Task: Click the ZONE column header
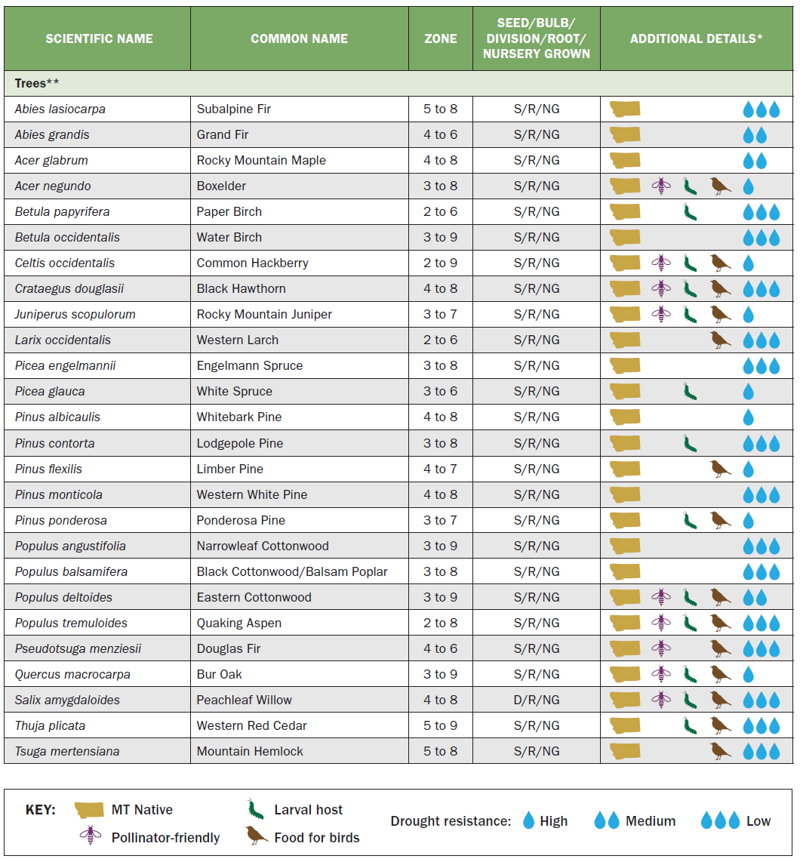[x=440, y=38]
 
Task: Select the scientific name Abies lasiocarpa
[x=60, y=109]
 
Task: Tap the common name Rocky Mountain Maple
[x=261, y=161]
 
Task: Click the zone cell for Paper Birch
[x=440, y=212]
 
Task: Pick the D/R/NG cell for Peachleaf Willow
[x=537, y=700]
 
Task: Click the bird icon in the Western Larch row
[x=721, y=340]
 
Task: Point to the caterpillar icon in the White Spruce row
[x=689, y=392]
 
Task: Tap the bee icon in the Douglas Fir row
[x=661, y=648]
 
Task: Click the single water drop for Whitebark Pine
[x=749, y=417]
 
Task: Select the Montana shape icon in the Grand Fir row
[x=625, y=135]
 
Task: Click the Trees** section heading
[x=37, y=83]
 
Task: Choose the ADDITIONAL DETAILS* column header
[x=696, y=38]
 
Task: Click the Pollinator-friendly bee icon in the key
[x=90, y=836]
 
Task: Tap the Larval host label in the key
[x=308, y=810]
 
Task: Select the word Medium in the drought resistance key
[x=651, y=821]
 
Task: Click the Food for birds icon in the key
[x=256, y=836]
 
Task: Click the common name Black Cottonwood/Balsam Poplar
[x=292, y=571]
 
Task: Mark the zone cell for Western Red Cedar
[x=440, y=725]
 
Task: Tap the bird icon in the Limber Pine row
[x=721, y=469]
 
